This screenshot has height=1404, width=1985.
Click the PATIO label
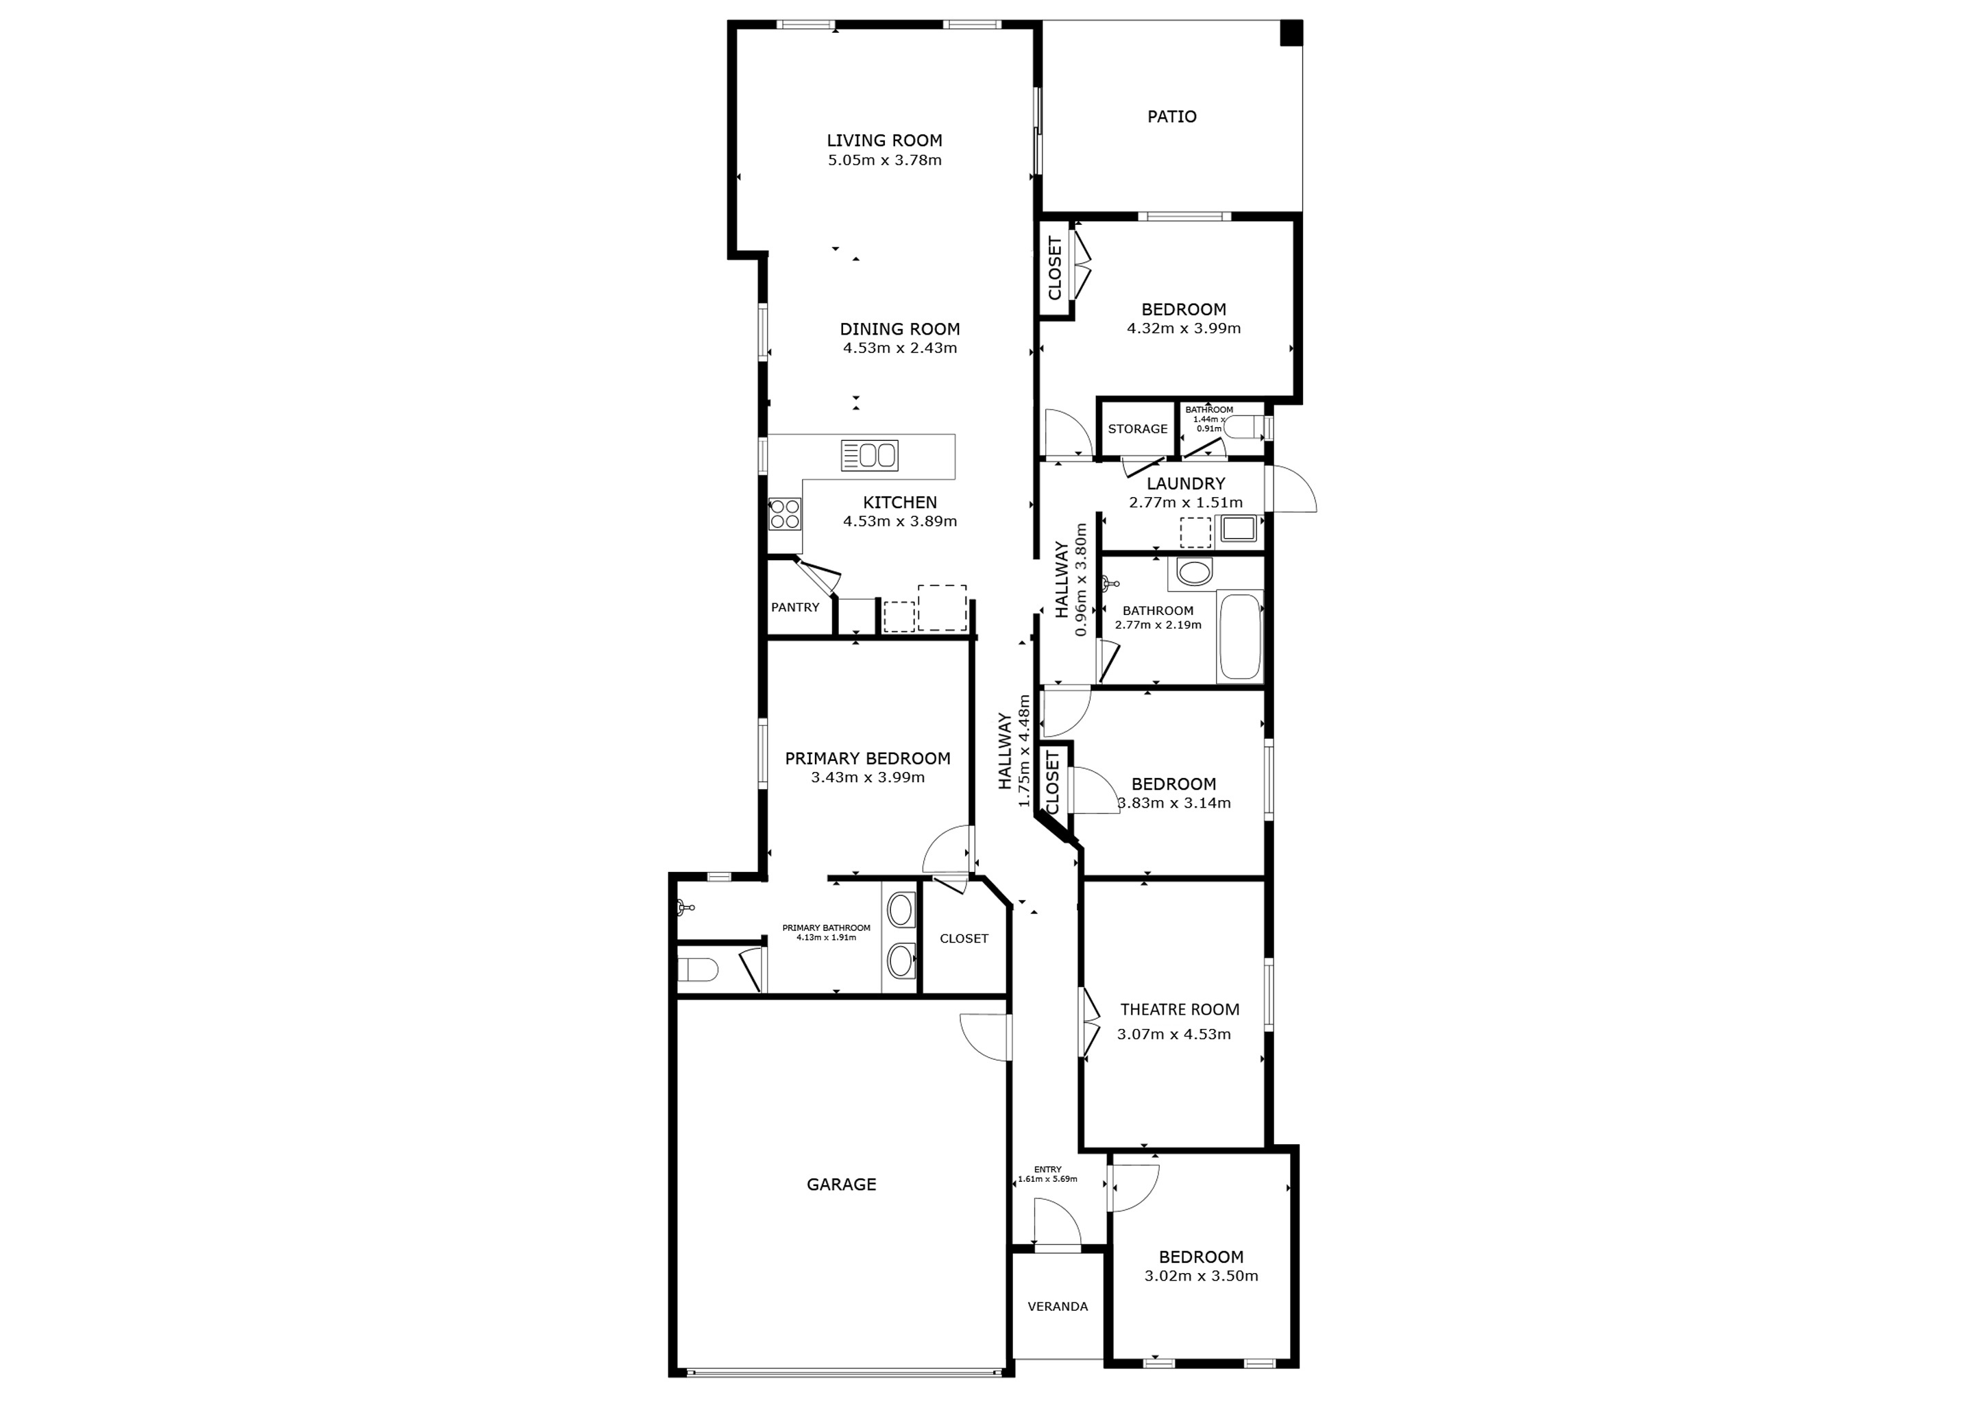point(1171,117)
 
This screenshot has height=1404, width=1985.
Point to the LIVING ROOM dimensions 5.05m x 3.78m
point(884,160)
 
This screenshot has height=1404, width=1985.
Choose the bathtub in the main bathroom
point(1240,637)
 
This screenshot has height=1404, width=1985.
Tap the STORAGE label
point(1138,428)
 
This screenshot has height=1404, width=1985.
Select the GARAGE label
point(841,1185)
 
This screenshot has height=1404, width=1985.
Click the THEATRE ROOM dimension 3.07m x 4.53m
point(1173,1034)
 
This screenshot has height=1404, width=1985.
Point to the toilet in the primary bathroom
point(697,970)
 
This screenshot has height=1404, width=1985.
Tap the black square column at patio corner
point(1290,33)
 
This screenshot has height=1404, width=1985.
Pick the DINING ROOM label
point(900,328)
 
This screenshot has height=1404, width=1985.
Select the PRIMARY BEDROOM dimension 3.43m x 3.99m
point(867,777)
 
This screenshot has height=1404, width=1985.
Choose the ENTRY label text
point(1047,1170)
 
